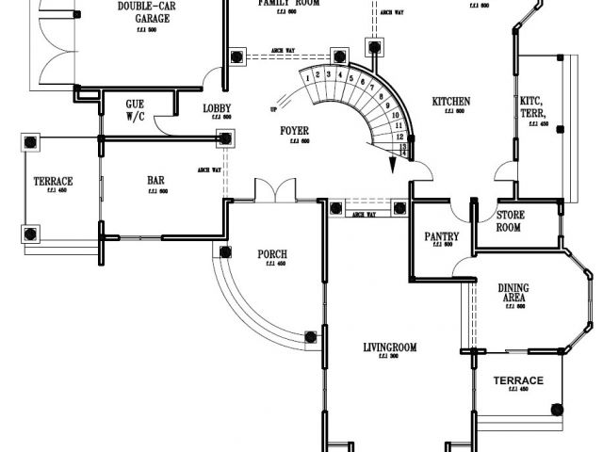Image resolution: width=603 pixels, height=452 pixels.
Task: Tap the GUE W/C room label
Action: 135,110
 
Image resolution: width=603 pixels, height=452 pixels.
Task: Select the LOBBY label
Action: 217,108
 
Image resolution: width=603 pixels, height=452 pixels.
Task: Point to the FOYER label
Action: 295,130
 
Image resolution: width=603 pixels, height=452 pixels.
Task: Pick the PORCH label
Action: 272,254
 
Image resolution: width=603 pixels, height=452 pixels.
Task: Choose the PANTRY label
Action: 441,236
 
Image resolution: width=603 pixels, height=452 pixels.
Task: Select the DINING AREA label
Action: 513,292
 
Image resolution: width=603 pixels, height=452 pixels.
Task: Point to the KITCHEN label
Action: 451,102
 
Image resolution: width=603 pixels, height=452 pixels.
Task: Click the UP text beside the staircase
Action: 274,109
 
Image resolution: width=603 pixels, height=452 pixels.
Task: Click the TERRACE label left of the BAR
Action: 54,181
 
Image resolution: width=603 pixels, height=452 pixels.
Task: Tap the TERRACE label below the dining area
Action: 518,380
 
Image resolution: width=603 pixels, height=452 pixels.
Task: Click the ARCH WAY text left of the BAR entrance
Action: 209,170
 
